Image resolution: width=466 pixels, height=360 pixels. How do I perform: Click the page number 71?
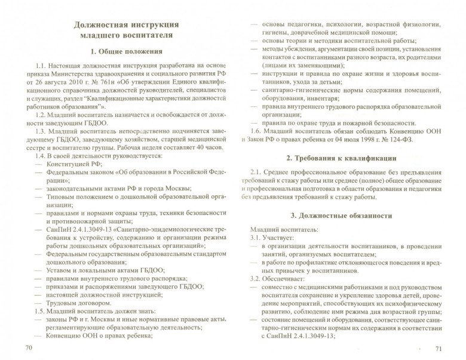tap(438, 347)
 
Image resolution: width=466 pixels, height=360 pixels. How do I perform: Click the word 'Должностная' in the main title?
tap(102, 24)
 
